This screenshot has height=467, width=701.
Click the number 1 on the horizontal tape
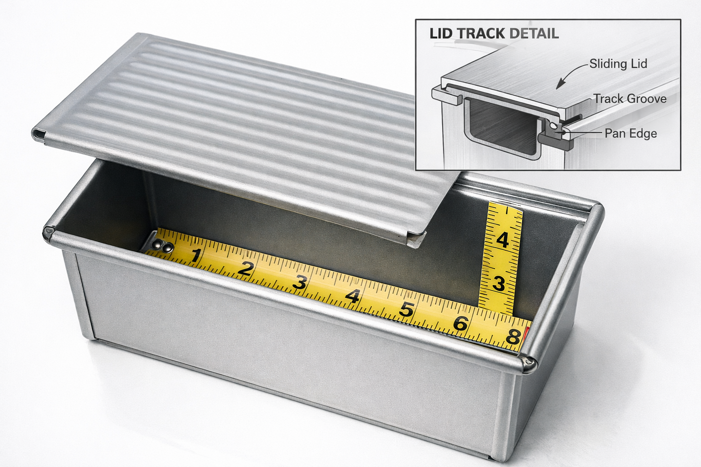(196, 256)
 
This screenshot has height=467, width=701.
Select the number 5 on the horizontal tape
(406, 310)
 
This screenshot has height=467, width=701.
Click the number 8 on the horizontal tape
(513, 337)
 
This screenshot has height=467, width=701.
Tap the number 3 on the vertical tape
(499, 284)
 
